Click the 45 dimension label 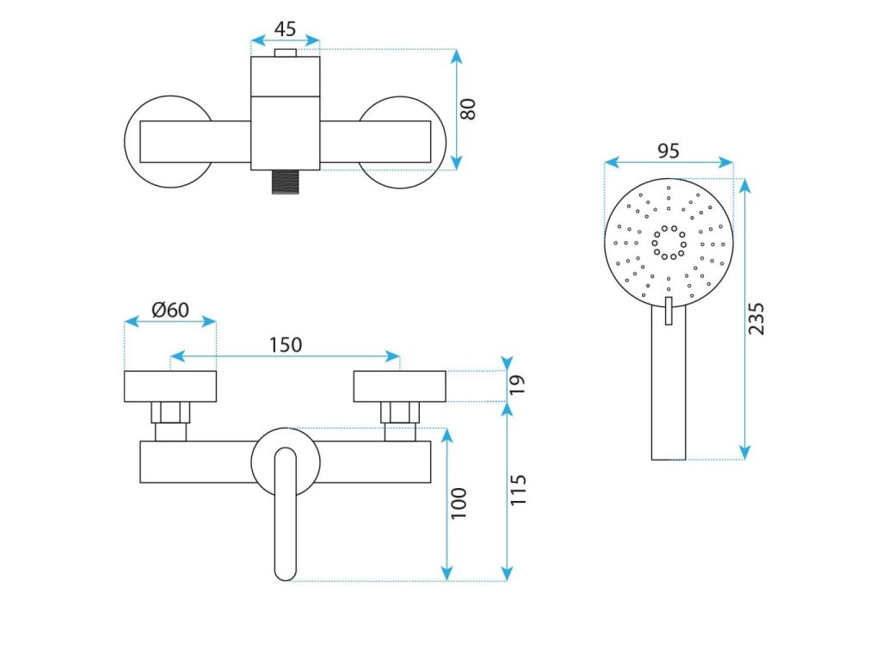(285, 28)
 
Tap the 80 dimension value (468, 109)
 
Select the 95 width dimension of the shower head (668, 151)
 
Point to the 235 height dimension (756, 318)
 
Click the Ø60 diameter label (170, 310)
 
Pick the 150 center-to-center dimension (286, 344)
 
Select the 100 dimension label (459, 503)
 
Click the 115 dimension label (518, 491)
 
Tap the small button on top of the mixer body (285, 53)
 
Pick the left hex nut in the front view (169, 412)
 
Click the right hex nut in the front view (400, 412)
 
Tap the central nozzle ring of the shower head (668, 242)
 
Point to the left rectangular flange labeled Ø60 (169, 386)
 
